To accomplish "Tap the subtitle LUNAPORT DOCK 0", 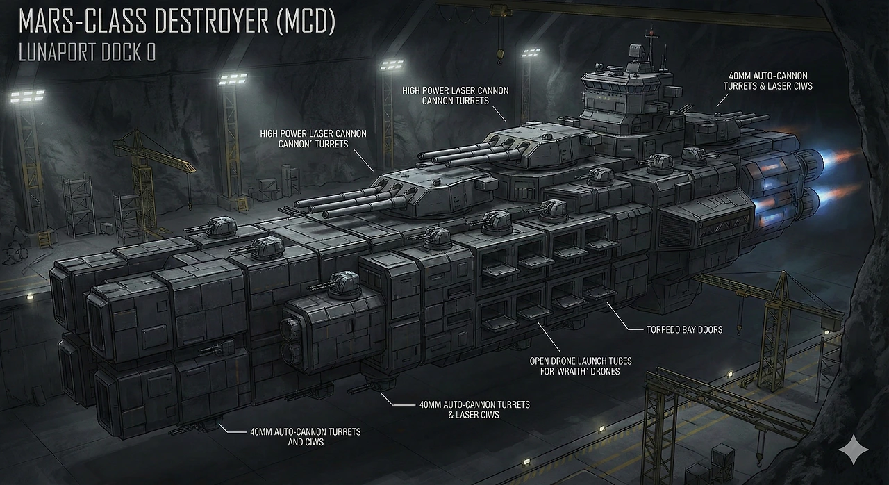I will pos(87,54).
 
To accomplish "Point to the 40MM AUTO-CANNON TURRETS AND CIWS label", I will pos(305,436).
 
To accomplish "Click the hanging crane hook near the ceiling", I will pos(499,53).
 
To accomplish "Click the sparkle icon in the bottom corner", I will pos(852,451).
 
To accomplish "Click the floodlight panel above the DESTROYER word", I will pos(233,78).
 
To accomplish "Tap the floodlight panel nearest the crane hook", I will pos(531,53).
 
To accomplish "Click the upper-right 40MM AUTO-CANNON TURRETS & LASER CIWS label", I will pos(767,81).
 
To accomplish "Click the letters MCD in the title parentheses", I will pos(306,22).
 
